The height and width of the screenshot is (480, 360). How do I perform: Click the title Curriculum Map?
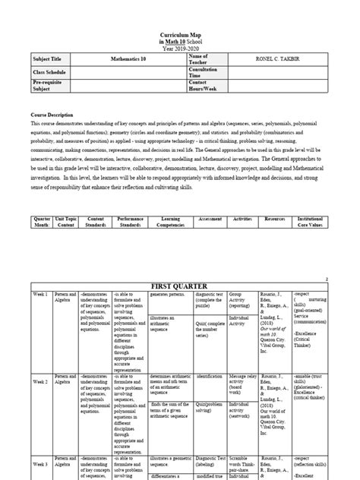(x=180, y=35)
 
